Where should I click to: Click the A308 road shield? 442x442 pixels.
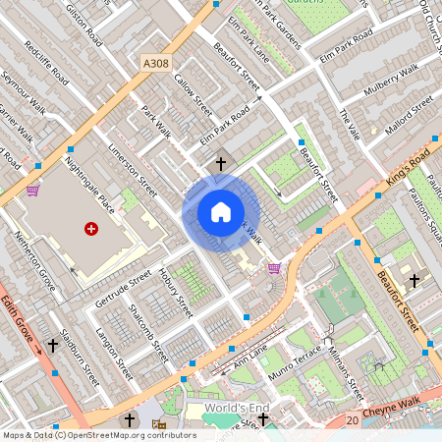point(155,63)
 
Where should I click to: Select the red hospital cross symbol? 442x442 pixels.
point(91,228)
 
